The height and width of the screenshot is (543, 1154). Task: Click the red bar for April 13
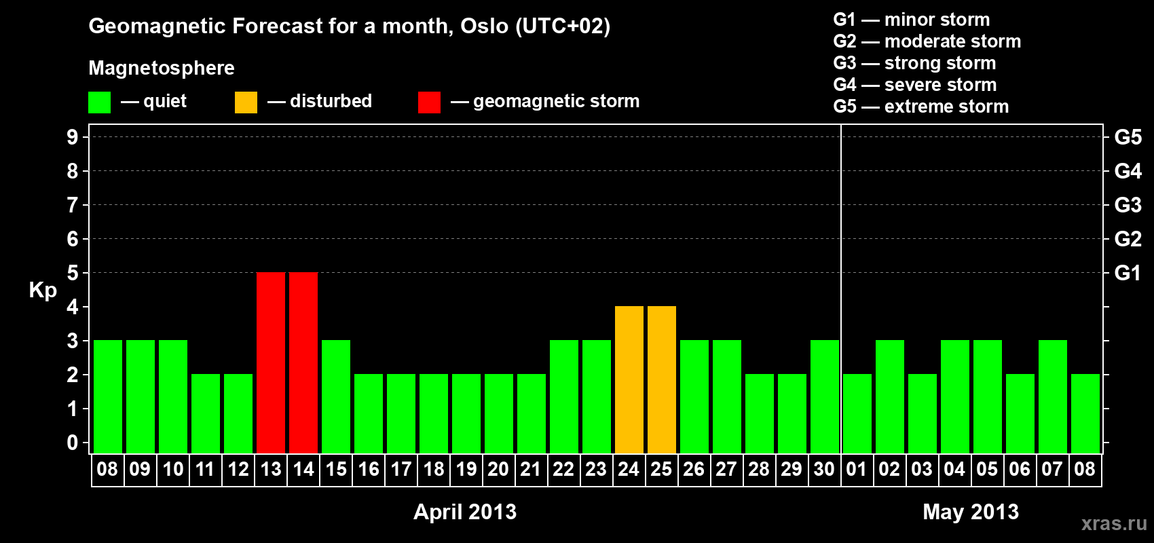click(271, 362)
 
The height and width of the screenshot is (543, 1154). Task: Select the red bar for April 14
click(303, 362)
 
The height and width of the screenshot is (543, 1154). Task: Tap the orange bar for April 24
click(629, 379)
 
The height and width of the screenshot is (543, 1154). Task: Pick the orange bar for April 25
click(662, 379)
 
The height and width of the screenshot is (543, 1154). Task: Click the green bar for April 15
click(336, 396)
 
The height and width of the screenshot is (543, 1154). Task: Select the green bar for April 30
click(825, 396)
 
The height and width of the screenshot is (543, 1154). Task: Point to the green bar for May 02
click(890, 396)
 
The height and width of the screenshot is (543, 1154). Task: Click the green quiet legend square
click(99, 102)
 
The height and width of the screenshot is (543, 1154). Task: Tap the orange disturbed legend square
click(246, 102)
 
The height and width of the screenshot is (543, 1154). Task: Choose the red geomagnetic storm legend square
click(429, 102)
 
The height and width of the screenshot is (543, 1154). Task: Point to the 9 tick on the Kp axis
click(72, 137)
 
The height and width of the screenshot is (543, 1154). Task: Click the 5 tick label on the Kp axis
click(72, 273)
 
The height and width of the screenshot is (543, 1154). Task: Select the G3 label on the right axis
click(1128, 205)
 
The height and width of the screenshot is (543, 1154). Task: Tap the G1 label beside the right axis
click(1128, 273)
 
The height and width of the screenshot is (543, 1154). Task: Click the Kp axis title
click(43, 291)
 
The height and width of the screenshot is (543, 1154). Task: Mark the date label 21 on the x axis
click(531, 469)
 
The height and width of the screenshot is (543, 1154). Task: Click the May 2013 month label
click(971, 512)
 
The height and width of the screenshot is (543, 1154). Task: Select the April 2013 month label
click(465, 512)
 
